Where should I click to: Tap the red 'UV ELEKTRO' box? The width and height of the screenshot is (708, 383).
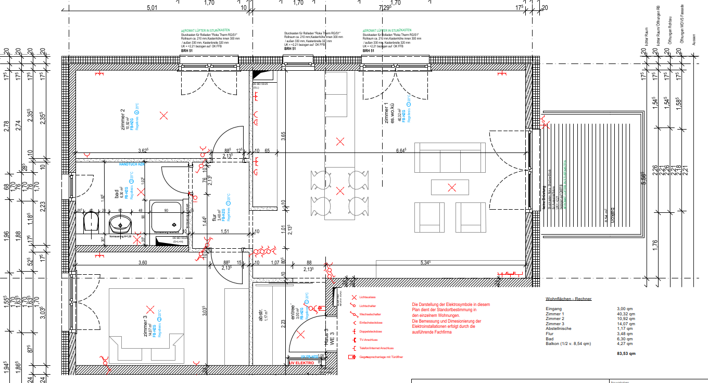301,362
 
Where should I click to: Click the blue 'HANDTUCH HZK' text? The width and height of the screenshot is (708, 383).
131,164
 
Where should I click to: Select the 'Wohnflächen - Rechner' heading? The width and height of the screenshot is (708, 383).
568,299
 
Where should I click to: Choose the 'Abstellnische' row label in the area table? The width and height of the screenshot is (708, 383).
558,328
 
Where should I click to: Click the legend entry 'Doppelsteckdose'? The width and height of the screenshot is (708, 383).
371,331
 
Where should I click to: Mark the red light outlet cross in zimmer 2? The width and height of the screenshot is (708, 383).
165,116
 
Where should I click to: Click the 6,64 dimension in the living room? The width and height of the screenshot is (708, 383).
401,150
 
